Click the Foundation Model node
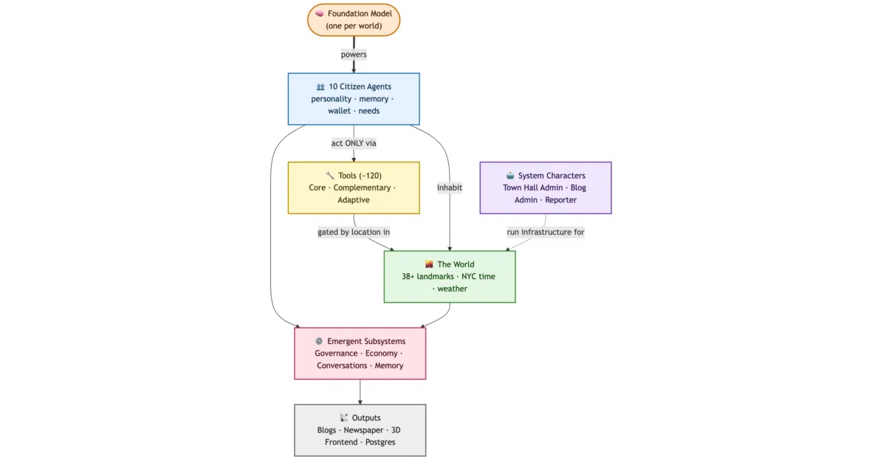(354, 20)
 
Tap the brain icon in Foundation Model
(320, 14)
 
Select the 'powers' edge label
(354, 54)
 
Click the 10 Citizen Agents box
(354, 99)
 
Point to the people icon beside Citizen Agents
(320, 86)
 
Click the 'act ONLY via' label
(354, 143)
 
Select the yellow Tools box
(354, 187)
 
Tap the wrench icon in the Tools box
(330, 175)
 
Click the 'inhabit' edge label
(450, 187)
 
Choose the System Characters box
(546, 187)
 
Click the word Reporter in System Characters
(560, 200)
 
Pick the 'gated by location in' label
(354, 232)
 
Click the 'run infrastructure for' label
(546, 232)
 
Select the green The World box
(450, 277)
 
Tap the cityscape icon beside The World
(429, 264)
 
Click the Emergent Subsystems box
(360, 354)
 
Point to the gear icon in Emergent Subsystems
(319, 341)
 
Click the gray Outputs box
(360, 430)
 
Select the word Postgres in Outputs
(380, 442)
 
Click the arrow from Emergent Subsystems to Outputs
(360, 392)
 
